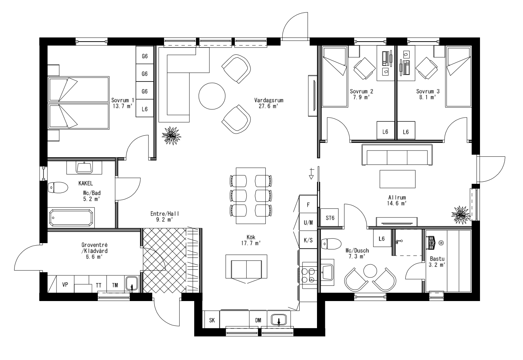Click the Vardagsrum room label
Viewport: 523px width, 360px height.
[269, 100]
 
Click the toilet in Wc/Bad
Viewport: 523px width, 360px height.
[58, 188]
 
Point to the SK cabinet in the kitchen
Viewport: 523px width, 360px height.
[212, 320]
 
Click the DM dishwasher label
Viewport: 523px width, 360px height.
[258, 320]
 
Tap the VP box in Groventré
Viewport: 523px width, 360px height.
[65, 285]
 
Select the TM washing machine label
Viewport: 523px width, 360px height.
[115, 285]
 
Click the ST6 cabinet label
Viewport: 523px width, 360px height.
[330, 218]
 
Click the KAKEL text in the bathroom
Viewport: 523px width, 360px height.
[86, 183]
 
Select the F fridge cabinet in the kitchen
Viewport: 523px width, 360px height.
[308, 205]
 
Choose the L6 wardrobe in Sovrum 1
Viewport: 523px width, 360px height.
[145, 109]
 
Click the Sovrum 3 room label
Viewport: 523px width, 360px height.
[428, 92]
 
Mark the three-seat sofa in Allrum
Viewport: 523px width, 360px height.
[397, 155]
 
